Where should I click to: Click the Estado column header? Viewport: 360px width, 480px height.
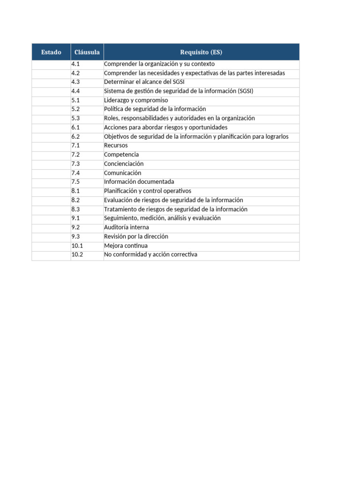pyautogui.click(x=51, y=52)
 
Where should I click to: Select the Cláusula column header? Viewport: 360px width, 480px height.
pyautogui.click(x=87, y=52)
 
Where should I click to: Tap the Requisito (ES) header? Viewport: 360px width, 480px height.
pyautogui.click(x=201, y=52)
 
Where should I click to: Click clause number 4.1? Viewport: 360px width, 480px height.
pyautogui.click(x=76, y=64)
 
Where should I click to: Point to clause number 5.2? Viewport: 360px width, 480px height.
pyautogui.click(x=76, y=109)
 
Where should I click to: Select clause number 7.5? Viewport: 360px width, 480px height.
pyautogui.click(x=76, y=182)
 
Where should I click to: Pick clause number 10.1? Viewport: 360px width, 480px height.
pyautogui.click(x=77, y=246)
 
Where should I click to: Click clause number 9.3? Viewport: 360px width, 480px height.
pyautogui.click(x=76, y=237)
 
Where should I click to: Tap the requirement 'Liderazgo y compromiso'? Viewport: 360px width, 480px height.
pyautogui.click(x=136, y=100)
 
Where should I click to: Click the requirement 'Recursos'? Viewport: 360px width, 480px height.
pyautogui.click(x=116, y=146)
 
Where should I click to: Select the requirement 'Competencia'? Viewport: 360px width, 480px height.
pyautogui.click(x=121, y=155)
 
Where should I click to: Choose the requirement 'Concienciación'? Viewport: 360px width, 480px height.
pyautogui.click(x=124, y=164)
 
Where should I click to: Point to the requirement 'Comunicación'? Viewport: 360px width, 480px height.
pyautogui.click(x=122, y=173)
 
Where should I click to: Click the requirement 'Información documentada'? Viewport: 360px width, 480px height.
pyautogui.click(x=139, y=182)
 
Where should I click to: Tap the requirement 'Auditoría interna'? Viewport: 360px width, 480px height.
pyautogui.click(x=127, y=227)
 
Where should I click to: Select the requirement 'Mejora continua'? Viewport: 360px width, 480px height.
pyautogui.click(x=126, y=246)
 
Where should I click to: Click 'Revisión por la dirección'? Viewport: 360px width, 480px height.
pyautogui.click(x=136, y=237)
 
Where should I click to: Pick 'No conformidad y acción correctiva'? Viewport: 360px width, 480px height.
pyautogui.click(x=150, y=255)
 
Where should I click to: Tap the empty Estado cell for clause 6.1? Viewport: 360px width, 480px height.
pyautogui.click(x=51, y=127)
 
